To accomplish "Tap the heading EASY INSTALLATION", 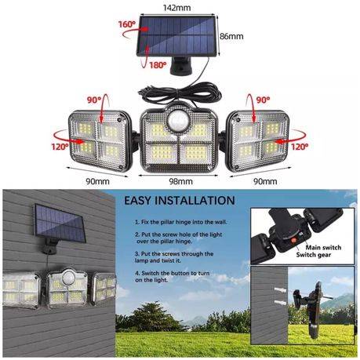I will tap(179, 201).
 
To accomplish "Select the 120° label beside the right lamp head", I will tap(300, 145).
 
